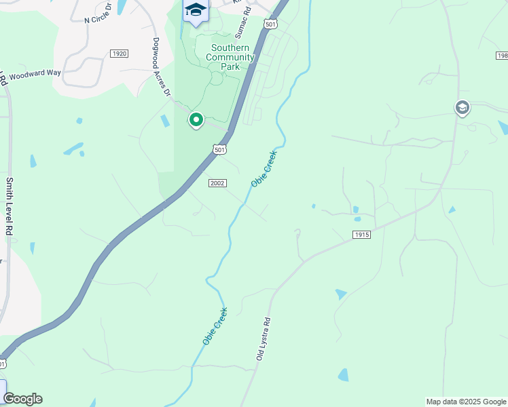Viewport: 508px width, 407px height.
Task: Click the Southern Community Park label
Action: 232,58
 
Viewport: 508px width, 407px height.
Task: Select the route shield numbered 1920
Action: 119,53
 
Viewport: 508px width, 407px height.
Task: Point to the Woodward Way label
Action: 30,74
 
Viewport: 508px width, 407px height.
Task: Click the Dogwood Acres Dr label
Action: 161,66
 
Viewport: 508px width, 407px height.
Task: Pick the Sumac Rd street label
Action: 243,21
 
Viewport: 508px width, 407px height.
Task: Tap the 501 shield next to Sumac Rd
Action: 271,24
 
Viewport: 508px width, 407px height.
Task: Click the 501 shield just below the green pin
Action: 219,149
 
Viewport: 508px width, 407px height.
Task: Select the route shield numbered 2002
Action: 217,183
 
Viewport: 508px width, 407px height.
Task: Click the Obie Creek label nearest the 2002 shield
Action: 265,169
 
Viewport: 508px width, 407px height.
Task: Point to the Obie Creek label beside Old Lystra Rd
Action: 215,326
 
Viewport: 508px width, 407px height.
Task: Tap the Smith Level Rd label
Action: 10,206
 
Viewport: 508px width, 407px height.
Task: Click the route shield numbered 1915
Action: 361,234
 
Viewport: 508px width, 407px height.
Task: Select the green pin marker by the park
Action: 196,120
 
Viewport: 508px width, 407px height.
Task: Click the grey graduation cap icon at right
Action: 462,108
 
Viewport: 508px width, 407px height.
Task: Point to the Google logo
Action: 22,399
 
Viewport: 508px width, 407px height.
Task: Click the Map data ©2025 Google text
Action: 466,402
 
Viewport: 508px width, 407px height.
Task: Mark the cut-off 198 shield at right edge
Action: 502,56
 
